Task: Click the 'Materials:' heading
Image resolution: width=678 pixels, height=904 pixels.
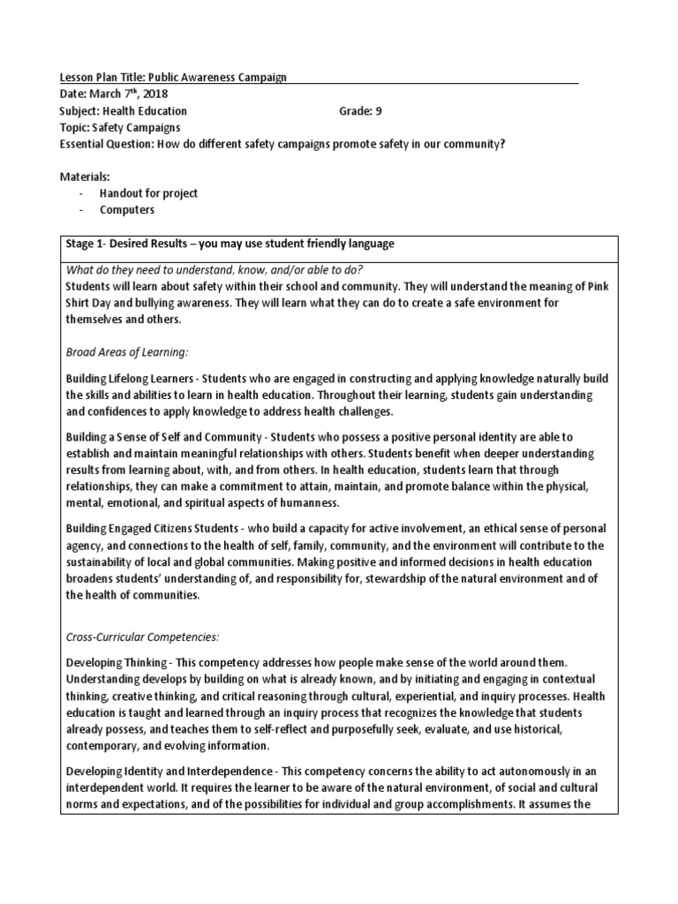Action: [84, 177]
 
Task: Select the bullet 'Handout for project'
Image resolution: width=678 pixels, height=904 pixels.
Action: [148, 193]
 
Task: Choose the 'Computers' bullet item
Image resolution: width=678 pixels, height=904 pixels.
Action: [126, 210]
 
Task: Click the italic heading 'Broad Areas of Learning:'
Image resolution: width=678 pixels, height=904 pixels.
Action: [127, 351]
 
